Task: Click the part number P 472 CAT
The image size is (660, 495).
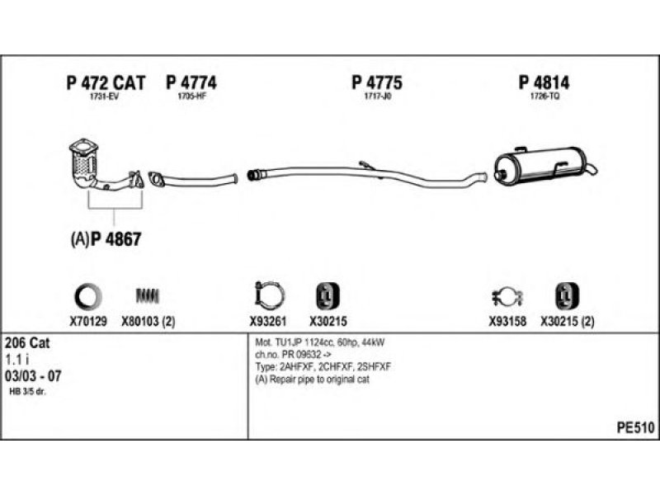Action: [106, 82]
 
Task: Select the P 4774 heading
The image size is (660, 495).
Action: [191, 82]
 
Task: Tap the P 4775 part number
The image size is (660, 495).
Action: [377, 82]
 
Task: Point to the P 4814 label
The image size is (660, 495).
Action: [544, 82]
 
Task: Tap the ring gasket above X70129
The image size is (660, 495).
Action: [88, 295]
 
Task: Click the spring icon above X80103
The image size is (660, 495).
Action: [148, 295]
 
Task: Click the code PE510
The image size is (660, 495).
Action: [634, 427]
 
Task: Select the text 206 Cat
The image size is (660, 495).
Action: [27, 342]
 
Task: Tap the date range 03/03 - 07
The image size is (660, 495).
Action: [33, 376]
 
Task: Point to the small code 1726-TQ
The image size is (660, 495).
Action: [544, 97]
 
